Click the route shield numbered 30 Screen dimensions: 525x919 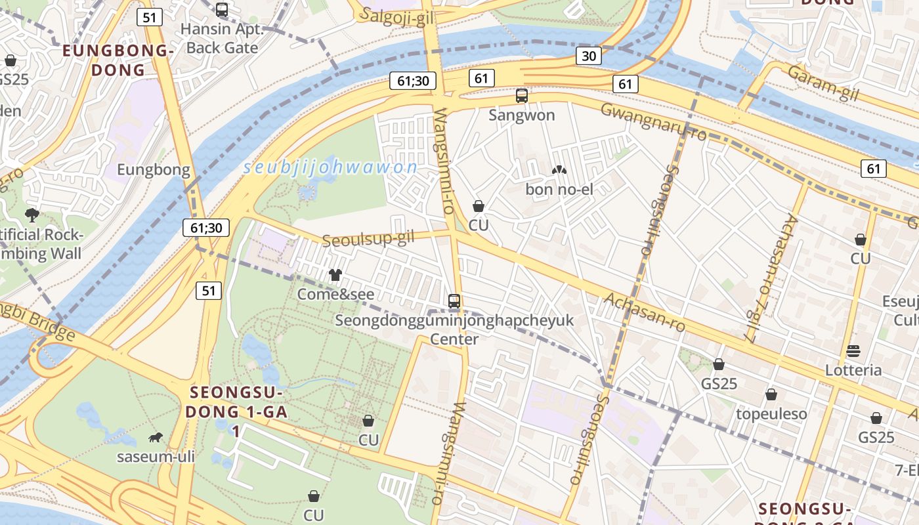click(x=589, y=56)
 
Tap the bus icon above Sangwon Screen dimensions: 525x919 click(x=522, y=96)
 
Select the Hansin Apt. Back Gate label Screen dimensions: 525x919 click(x=222, y=39)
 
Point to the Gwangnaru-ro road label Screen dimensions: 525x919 click(x=653, y=121)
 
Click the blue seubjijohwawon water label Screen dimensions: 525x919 click(x=330, y=167)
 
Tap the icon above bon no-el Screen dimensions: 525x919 click(x=559, y=171)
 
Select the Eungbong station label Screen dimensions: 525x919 click(x=154, y=171)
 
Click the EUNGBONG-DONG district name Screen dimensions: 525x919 click(x=118, y=60)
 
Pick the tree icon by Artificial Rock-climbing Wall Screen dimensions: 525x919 click(x=32, y=215)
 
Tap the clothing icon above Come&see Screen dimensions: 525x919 click(x=335, y=275)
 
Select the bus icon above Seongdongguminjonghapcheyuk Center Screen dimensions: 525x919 click(x=454, y=301)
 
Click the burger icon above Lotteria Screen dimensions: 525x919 click(x=853, y=350)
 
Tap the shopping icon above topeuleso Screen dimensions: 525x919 click(x=771, y=394)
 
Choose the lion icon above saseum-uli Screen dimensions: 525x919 click(x=156, y=437)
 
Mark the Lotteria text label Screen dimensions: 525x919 click(x=853, y=370)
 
